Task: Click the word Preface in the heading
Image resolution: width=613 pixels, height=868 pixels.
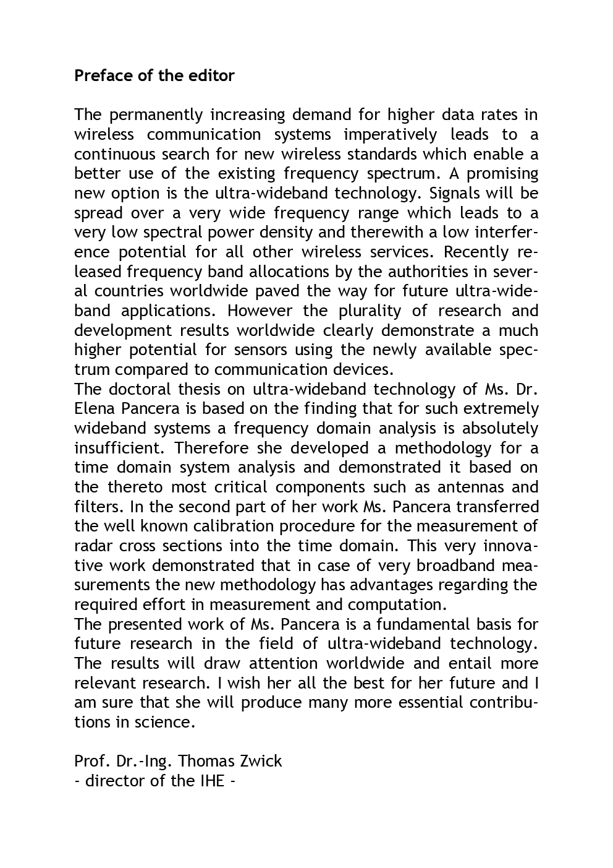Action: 103,75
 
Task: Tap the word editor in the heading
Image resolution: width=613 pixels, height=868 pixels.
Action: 212,75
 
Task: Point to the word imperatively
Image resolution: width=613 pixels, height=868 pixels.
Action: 390,135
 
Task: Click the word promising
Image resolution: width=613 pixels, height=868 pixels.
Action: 500,174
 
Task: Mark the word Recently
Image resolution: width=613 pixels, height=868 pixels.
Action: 476,252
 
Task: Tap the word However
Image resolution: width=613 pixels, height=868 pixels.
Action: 260,311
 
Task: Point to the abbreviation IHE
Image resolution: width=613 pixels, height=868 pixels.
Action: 211,781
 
